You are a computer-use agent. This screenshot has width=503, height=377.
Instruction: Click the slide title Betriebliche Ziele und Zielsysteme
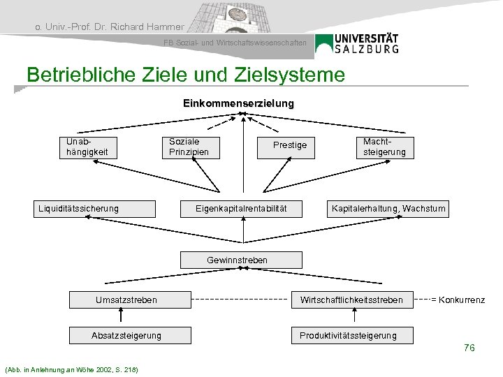click(x=185, y=75)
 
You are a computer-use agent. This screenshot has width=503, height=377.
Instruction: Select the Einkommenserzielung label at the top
click(x=238, y=103)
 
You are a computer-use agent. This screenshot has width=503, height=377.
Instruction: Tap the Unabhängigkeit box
click(x=88, y=146)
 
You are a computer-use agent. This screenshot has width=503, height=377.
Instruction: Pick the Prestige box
click(x=289, y=145)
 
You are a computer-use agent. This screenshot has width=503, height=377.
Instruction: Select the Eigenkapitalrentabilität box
click(x=240, y=208)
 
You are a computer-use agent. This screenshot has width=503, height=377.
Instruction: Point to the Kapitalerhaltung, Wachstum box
click(x=388, y=208)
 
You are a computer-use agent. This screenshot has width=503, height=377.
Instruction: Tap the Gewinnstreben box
click(x=237, y=260)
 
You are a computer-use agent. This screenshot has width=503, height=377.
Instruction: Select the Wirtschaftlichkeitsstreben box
click(x=351, y=300)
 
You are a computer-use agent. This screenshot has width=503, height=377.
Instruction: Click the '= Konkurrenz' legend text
click(x=458, y=300)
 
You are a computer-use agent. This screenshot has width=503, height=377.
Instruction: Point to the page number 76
click(x=469, y=348)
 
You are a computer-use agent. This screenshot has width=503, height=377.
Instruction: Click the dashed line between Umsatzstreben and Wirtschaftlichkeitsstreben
click(x=240, y=300)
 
